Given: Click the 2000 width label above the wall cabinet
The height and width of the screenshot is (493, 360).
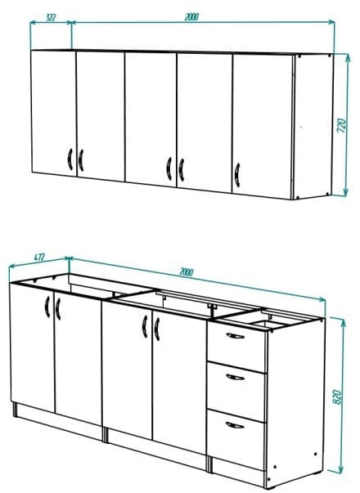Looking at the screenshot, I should (x=191, y=16).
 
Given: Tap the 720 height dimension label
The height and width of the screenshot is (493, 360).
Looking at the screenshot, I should (x=344, y=125).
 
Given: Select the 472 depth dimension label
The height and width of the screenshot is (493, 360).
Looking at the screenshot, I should (x=38, y=257).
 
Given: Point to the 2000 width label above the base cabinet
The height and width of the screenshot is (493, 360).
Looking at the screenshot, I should (x=187, y=273).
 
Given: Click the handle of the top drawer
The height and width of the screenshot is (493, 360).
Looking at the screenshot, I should (x=235, y=337).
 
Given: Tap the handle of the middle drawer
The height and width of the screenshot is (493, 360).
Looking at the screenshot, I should (x=235, y=377).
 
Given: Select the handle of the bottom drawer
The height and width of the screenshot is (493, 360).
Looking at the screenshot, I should (x=235, y=423).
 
